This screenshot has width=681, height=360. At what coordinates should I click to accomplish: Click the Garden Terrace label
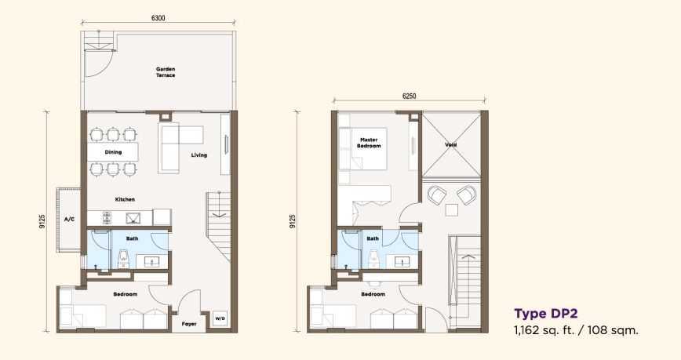point(166,72)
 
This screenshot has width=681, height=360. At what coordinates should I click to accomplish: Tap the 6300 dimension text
point(158,18)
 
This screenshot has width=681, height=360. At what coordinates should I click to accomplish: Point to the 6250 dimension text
point(409,96)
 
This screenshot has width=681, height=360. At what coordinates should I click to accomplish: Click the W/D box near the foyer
point(220,318)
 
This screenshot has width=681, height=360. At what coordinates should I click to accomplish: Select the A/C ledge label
point(69,220)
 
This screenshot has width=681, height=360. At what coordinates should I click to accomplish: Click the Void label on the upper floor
point(451,144)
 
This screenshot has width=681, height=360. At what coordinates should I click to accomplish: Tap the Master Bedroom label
point(369,143)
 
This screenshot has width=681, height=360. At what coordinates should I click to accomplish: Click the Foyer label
point(189,324)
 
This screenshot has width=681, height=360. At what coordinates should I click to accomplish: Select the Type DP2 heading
point(546,314)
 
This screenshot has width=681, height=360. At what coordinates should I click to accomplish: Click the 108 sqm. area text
point(614,330)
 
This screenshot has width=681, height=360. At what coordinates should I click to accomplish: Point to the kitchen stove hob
point(107,217)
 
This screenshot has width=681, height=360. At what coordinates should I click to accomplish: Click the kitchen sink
point(132,218)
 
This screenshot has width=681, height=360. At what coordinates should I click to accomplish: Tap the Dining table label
point(113,152)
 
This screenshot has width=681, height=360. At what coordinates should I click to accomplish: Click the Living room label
point(199,155)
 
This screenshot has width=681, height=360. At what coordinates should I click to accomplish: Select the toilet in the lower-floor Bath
point(123,260)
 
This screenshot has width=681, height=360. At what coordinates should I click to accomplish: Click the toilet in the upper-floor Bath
point(373,260)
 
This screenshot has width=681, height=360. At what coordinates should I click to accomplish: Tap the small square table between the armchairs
point(452,210)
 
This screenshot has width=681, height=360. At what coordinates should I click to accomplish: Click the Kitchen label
point(125,199)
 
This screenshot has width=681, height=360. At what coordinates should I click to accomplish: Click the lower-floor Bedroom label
point(125,294)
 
